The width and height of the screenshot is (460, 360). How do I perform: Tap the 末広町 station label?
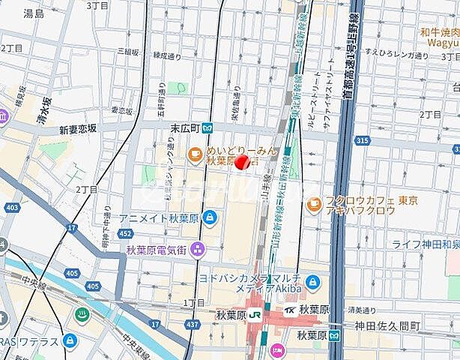[x=183, y=128]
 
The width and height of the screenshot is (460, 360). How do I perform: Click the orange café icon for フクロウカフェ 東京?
[x=314, y=203]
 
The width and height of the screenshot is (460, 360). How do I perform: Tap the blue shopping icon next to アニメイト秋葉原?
[x=210, y=217]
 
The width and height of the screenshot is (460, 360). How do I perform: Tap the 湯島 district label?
[x=34, y=13]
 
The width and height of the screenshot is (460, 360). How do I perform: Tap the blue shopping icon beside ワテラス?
[x=70, y=341]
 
